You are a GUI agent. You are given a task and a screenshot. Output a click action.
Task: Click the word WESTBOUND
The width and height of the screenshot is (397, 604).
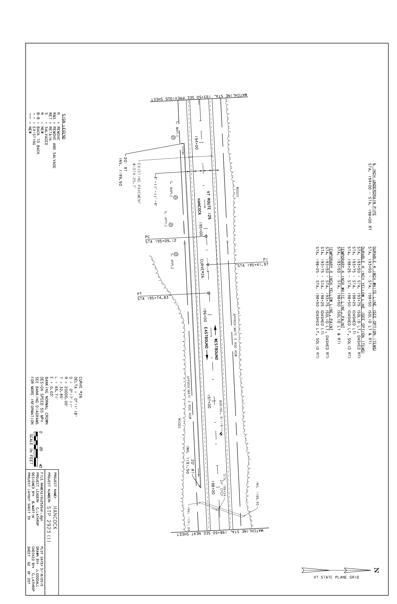coord(216,349)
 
